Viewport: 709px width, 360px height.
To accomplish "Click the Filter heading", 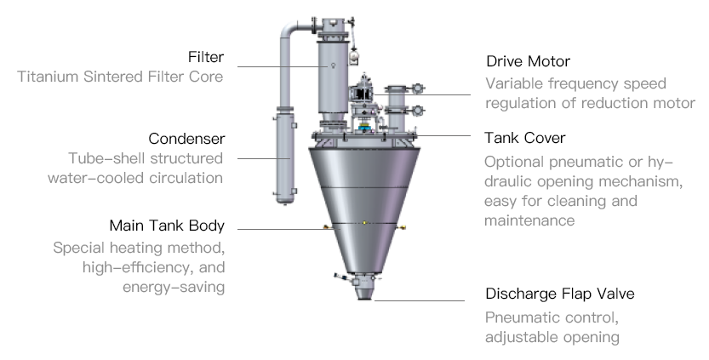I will pyautogui.click(x=206, y=57).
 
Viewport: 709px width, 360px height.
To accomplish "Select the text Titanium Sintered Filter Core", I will pyautogui.click(x=120, y=77).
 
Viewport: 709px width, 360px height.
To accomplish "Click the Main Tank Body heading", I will pyautogui.click(x=167, y=226).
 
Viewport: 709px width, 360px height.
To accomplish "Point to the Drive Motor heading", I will pyautogui.click(x=528, y=62).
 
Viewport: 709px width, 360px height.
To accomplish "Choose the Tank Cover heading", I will pyautogui.click(x=525, y=137).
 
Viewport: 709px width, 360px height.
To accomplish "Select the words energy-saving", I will pyautogui.click(x=174, y=287).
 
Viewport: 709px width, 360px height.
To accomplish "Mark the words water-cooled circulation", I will pyautogui.click(x=147, y=178).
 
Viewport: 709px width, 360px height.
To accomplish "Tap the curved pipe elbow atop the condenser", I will pyautogui.click(x=289, y=30).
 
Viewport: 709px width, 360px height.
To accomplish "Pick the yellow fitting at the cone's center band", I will pyautogui.click(x=364, y=223).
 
